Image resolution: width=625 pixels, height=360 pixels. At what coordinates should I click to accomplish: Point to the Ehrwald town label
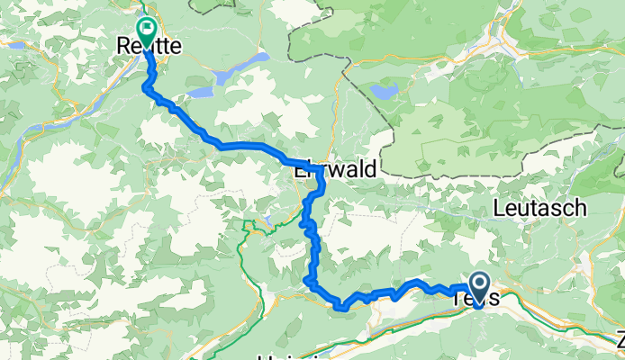(x=335, y=169)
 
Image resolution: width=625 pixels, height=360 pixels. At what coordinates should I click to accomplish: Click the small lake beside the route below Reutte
(x=201, y=91)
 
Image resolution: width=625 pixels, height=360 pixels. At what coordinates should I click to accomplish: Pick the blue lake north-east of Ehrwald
(x=385, y=92)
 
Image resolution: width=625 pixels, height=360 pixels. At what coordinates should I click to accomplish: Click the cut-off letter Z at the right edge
(x=620, y=342)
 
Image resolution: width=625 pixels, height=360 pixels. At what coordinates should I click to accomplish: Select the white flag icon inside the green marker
(x=145, y=28)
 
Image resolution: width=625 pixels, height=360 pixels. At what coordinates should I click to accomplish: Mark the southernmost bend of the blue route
(x=340, y=309)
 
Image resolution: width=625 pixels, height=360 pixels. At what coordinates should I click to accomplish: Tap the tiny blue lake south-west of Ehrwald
(x=268, y=219)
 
